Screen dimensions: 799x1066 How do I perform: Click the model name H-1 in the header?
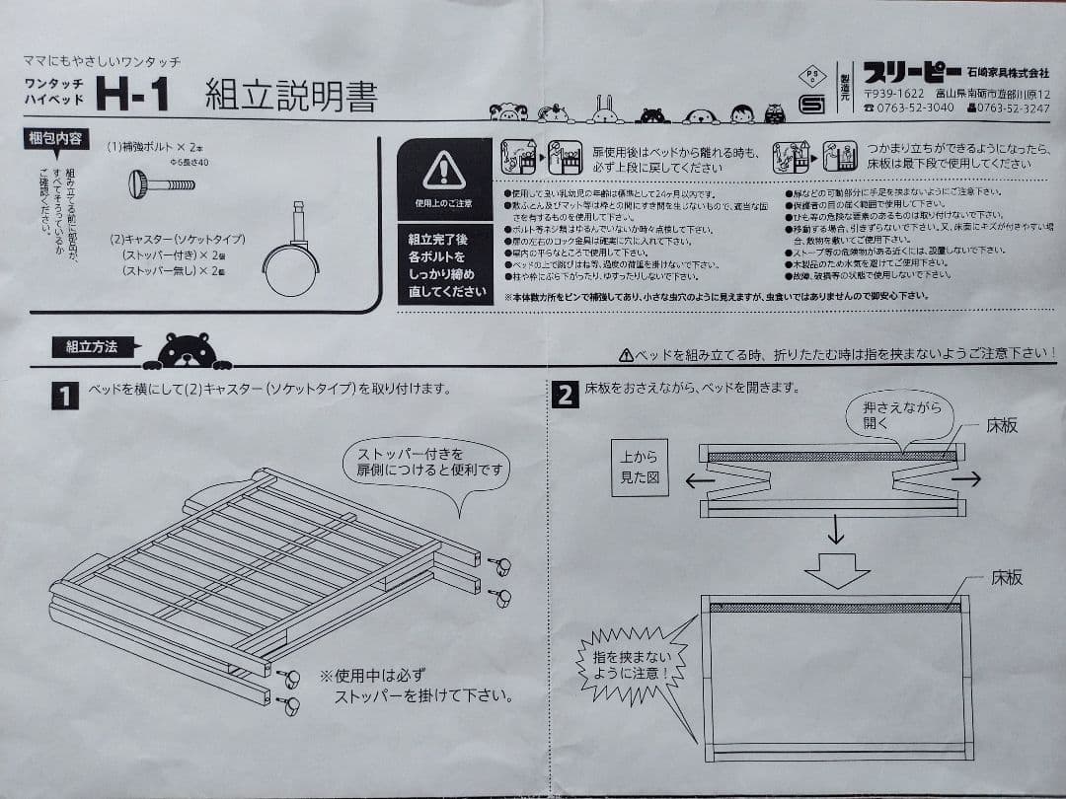[133, 96]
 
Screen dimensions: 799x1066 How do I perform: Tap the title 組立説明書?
[290, 96]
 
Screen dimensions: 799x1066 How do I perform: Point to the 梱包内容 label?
[55, 139]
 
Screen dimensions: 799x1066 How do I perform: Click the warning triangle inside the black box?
[443, 171]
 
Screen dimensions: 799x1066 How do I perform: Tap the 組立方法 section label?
[92, 346]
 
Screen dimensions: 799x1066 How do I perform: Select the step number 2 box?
[565, 396]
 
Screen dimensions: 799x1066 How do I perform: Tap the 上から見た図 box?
[640, 468]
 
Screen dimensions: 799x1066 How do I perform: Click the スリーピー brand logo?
[912, 72]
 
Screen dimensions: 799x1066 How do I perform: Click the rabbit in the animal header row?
[604, 110]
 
